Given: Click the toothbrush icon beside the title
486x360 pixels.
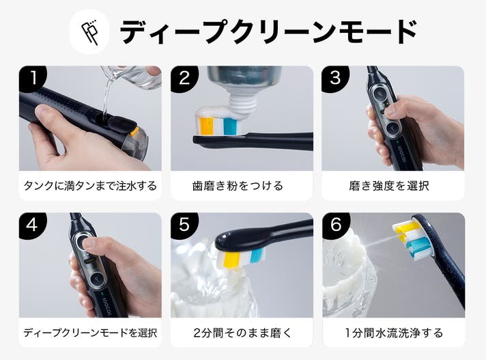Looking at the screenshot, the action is (89, 32).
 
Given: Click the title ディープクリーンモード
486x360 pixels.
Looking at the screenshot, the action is (268, 31).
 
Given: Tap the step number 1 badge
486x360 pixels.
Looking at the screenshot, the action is (33, 79).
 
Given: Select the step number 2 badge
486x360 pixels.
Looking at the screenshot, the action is (184, 79).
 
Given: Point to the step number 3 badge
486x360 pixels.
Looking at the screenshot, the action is (335, 79).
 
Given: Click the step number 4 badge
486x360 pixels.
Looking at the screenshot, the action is (33, 225).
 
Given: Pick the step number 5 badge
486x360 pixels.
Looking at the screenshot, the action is (184, 225).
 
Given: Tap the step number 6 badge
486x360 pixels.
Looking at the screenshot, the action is (336, 225).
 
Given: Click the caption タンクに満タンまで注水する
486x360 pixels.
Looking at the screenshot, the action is (90, 186).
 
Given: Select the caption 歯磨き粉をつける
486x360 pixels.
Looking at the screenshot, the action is (238, 186).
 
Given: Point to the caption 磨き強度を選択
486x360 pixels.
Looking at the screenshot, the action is (389, 186).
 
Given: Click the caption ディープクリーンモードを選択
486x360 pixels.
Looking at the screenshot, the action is (90, 333).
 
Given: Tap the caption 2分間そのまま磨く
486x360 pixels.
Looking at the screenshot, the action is (242, 333).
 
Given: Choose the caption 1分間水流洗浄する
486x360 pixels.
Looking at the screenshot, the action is (394, 333).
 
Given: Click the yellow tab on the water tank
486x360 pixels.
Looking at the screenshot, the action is (134, 131).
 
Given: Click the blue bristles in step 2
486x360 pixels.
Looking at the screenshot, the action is (231, 126).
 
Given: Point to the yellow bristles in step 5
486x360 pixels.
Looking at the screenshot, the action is (231, 260).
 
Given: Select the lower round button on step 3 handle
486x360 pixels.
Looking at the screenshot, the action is (392, 128).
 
